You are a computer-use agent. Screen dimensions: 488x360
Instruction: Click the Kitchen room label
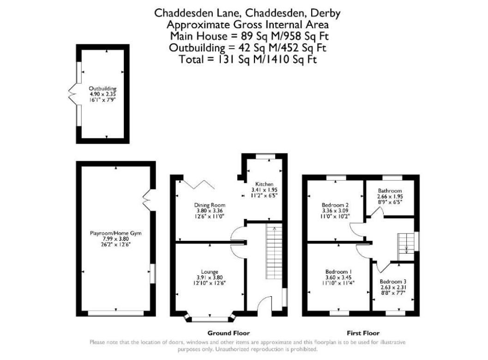tap(264, 184)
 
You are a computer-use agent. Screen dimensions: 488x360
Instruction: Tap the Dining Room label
tap(210, 205)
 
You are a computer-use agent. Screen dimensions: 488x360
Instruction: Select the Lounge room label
tap(210, 272)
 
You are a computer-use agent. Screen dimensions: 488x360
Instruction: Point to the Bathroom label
tap(390, 190)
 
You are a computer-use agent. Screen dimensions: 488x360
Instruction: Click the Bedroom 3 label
tap(393, 281)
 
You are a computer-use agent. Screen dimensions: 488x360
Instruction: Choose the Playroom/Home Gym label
tap(115, 233)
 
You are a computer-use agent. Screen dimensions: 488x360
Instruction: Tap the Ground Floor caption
tap(229, 333)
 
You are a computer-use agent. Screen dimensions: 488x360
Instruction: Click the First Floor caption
tap(363, 333)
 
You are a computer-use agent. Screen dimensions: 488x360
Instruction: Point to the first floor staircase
tap(406, 247)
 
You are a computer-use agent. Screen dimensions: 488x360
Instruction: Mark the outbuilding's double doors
tap(72, 94)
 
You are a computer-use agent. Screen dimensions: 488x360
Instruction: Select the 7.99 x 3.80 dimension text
tap(116, 239)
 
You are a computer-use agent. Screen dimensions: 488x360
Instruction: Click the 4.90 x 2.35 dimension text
tap(102, 94)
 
